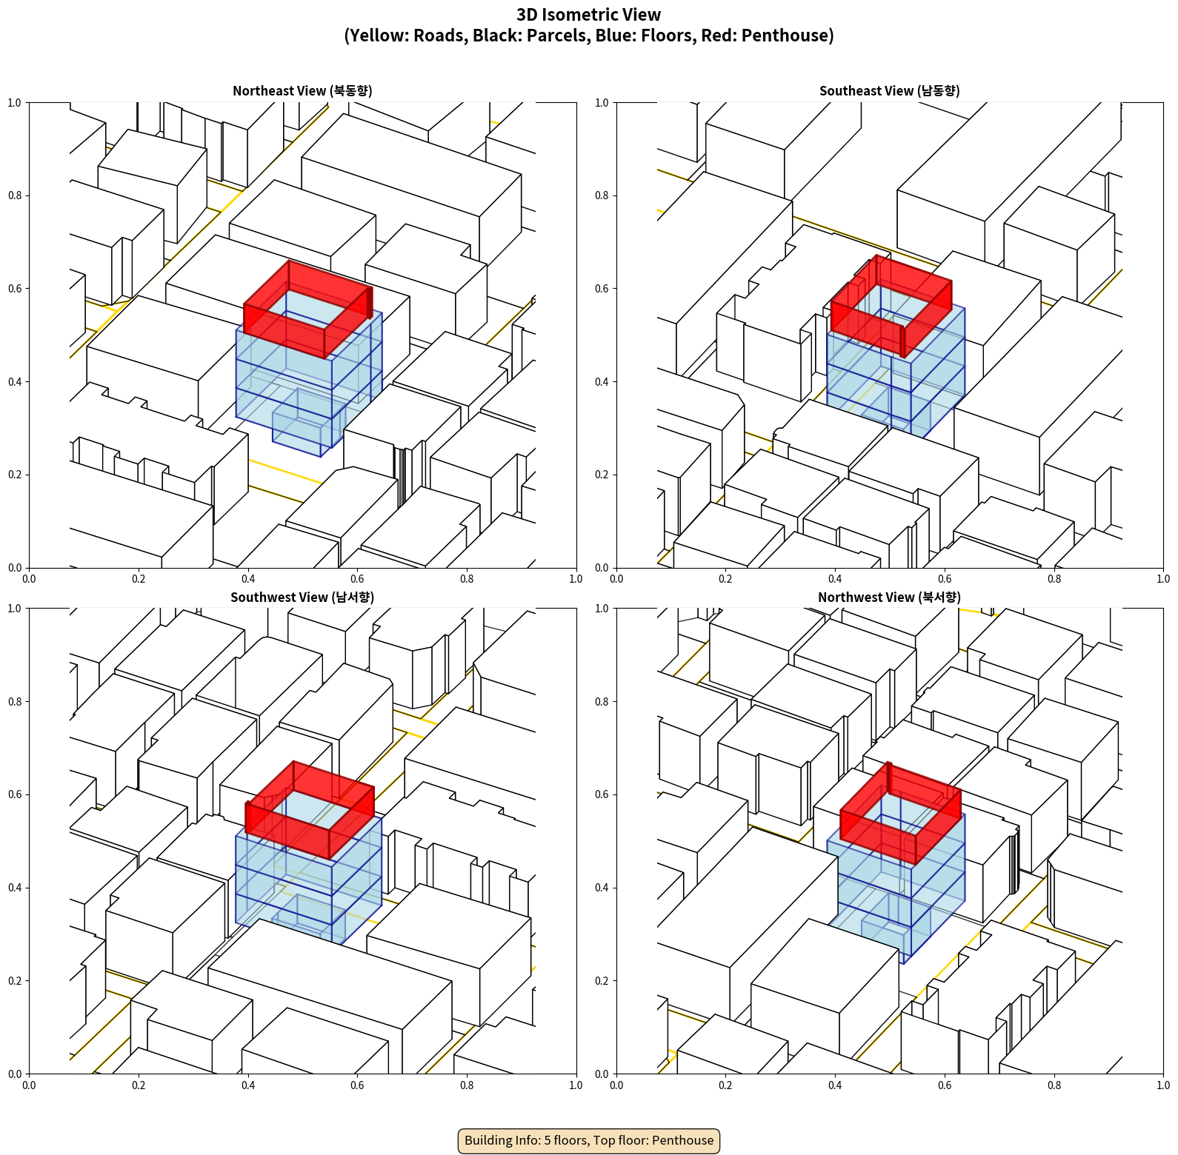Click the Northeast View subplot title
click(302, 90)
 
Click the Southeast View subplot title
click(889, 90)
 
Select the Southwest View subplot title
click(302, 597)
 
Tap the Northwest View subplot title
click(889, 597)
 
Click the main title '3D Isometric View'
click(589, 15)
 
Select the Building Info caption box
click(589, 1140)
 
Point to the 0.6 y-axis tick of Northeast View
click(16, 289)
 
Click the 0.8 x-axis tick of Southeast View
click(1054, 579)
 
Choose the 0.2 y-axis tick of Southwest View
click(16, 981)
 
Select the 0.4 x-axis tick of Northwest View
click(835, 1085)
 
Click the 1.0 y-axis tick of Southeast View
click(602, 103)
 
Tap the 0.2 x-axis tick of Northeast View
click(139, 579)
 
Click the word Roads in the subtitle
click(436, 36)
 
